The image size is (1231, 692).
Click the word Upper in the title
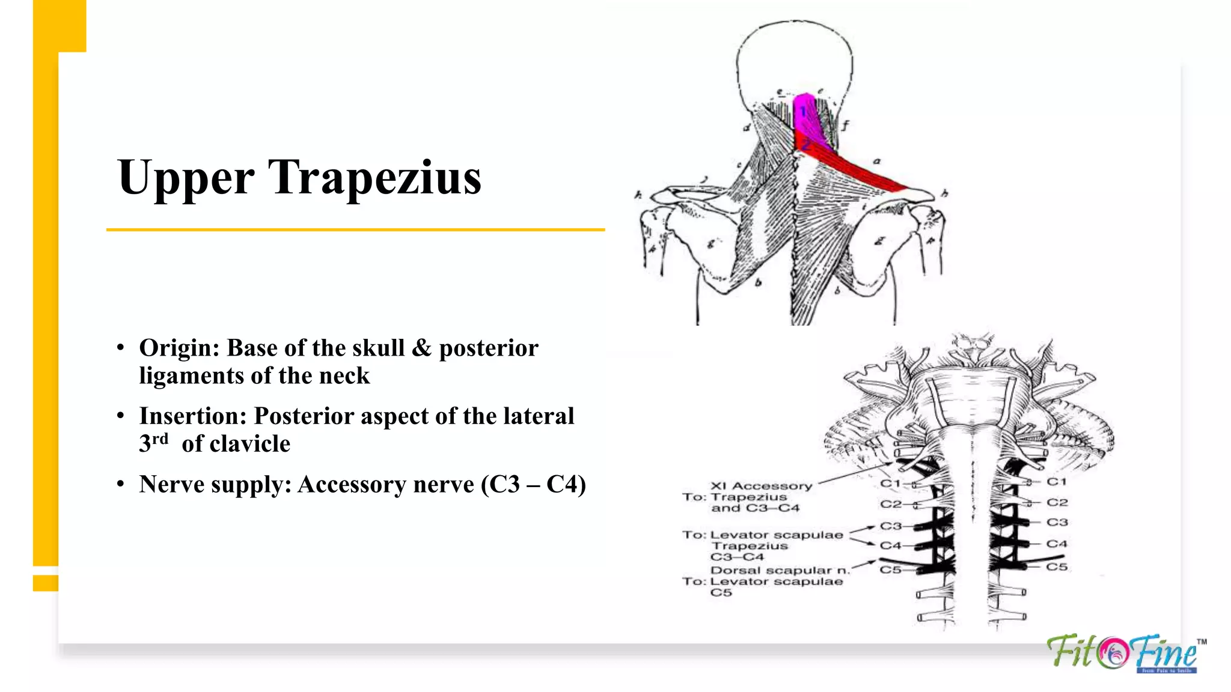(x=186, y=178)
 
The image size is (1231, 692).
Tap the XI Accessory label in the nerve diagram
(x=761, y=485)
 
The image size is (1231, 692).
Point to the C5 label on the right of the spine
(x=1057, y=566)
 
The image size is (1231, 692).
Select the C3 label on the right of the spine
(x=1057, y=522)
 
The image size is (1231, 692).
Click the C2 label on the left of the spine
(x=891, y=504)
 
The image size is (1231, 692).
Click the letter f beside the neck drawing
(x=845, y=125)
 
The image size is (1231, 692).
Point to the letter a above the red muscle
(x=876, y=161)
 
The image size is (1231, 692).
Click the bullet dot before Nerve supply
(x=121, y=484)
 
